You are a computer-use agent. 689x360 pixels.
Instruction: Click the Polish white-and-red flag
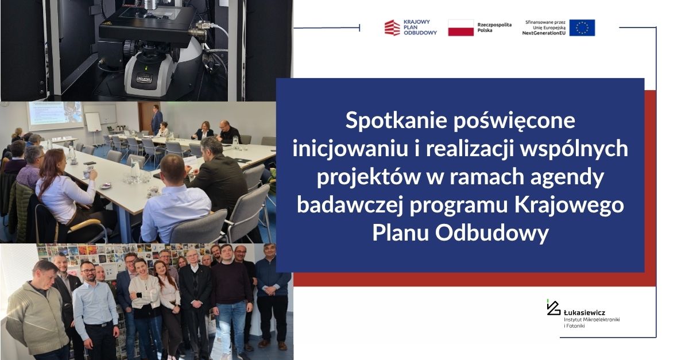(x=460, y=28)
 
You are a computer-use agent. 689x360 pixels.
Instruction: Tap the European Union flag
(x=582, y=28)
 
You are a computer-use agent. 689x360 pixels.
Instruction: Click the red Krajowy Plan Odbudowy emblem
(x=392, y=28)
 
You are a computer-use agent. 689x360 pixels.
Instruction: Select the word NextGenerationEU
(x=544, y=33)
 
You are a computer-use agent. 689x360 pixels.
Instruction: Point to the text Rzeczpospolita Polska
(x=494, y=28)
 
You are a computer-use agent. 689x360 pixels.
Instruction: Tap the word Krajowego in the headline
(x=569, y=205)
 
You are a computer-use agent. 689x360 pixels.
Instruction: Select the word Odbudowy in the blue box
(x=492, y=233)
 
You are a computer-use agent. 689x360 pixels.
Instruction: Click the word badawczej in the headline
(x=350, y=205)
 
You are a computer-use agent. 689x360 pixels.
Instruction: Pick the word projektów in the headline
(x=369, y=177)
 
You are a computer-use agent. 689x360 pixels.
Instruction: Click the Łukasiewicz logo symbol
(x=553, y=307)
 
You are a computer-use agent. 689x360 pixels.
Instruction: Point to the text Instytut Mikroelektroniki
(x=591, y=320)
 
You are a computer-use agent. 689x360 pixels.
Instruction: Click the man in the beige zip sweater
(x=36, y=311)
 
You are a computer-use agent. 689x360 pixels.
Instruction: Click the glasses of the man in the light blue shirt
(x=88, y=271)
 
